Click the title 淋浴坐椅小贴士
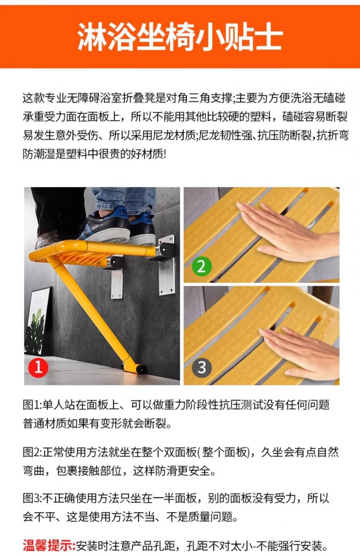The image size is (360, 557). [x=180, y=37]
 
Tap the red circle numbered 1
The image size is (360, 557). [x=38, y=367]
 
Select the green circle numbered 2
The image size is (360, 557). [x=201, y=266]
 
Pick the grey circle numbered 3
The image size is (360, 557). [x=201, y=367]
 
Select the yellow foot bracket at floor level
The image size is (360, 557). [x=133, y=368]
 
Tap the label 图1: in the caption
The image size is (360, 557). [x=32, y=405]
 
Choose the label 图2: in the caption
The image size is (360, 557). [x=33, y=452]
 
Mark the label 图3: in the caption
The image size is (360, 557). [x=33, y=499]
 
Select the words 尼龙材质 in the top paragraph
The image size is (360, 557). [x=174, y=136]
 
